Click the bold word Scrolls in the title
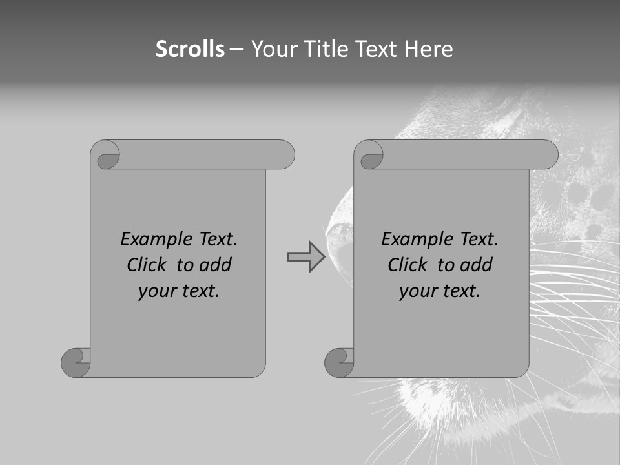click(190, 48)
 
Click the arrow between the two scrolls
click(305, 256)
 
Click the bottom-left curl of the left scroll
click(76, 362)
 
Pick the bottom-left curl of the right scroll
click(339, 362)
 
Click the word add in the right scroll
click(476, 265)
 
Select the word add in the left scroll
click(215, 265)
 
